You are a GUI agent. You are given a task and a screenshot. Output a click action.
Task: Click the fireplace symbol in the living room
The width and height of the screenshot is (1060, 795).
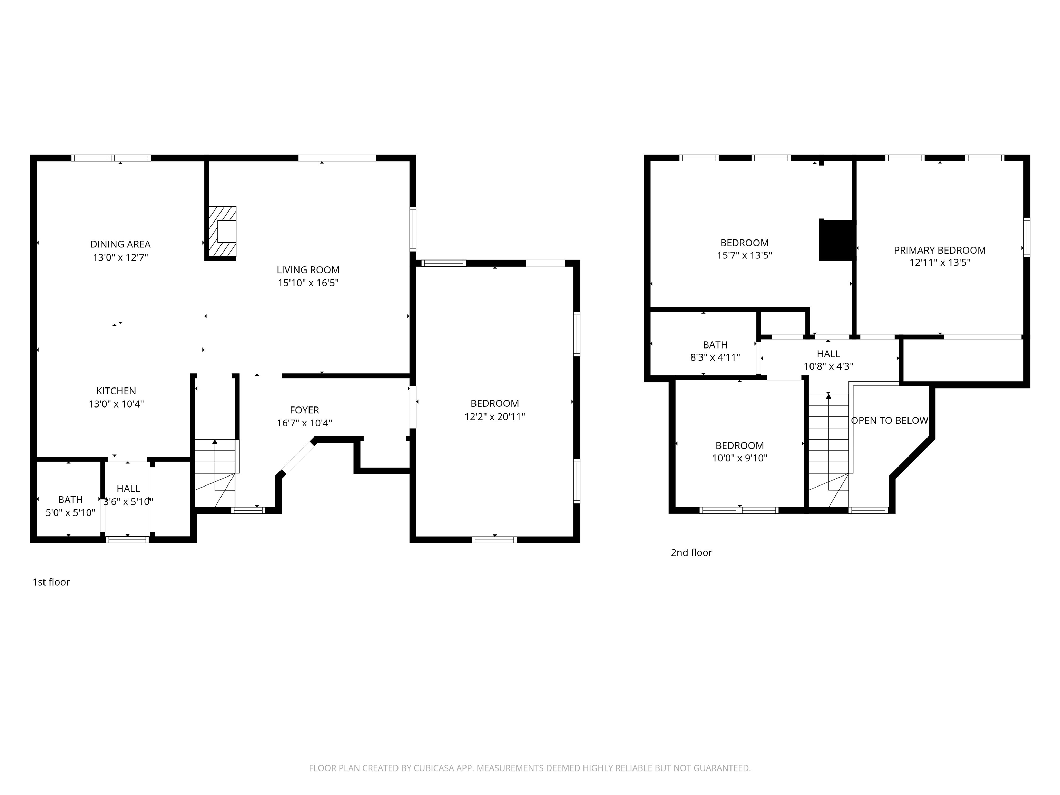tap(222, 232)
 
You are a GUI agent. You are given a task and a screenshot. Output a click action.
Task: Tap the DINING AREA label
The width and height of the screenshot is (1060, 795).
tap(120, 244)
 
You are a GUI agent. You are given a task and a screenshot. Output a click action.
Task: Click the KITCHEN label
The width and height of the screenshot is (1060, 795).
tap(116, 391)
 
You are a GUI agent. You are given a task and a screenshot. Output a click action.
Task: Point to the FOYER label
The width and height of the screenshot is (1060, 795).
tap(304, 410)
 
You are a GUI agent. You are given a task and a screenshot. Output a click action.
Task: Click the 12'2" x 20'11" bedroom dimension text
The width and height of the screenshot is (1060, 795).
tap(494, 417)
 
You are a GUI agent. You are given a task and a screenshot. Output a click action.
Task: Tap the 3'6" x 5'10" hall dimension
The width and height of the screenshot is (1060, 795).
tap(128, 502)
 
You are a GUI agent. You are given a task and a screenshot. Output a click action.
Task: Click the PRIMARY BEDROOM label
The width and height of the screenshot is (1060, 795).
tap(939, 250)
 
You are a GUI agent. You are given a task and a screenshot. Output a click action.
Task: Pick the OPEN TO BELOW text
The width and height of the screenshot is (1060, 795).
tap(890, 421)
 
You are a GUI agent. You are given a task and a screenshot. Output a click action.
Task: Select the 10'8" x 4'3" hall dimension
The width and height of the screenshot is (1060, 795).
tap(828, 366)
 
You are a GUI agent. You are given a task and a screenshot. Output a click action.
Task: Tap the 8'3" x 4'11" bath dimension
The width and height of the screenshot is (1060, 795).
tap(715, 357)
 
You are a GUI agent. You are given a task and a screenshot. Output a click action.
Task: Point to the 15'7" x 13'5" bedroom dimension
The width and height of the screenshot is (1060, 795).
tap(744, 255)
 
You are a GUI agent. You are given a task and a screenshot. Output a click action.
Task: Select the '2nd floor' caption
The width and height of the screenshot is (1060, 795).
tap(691, 552)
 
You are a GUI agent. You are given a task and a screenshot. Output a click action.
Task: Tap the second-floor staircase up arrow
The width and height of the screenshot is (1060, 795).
tap(828, 397)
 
